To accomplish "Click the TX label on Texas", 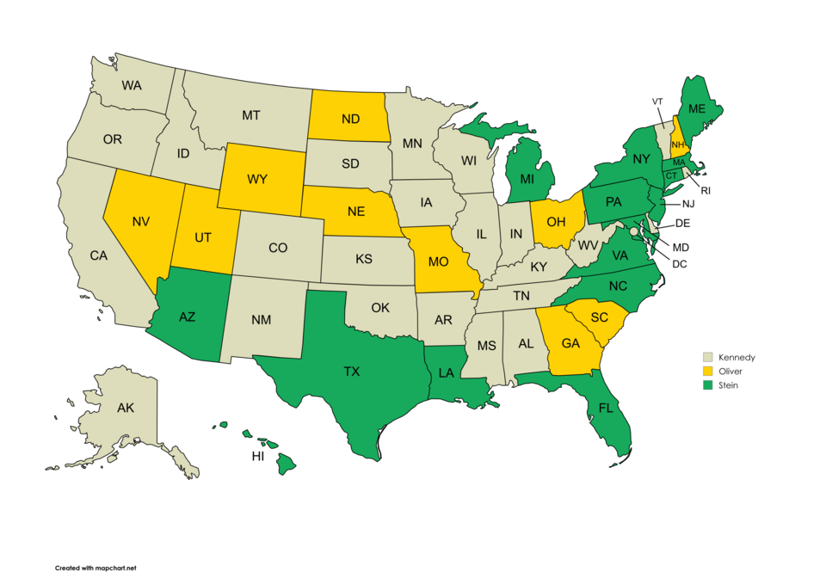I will [x=351, y=372].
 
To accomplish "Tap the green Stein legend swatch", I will [x=707, y=385].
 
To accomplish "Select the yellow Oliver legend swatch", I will [x=707, y=371].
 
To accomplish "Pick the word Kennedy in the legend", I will [x=737, y=357].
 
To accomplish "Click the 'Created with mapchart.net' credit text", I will [x=96, y=568].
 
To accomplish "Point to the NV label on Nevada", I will [x=142, y=222].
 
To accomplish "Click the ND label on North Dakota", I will [x=350, y=120].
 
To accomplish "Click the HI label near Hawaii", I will [x=258, y=457].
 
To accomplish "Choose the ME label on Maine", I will [x=697, y=108].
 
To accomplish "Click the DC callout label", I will [x=680, y=264].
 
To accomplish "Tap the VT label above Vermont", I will [x=657, y=101].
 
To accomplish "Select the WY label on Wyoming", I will [x=258, y=180].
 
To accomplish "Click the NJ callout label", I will [x=687, y=204].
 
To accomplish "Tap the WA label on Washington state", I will [x=132, y=85].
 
